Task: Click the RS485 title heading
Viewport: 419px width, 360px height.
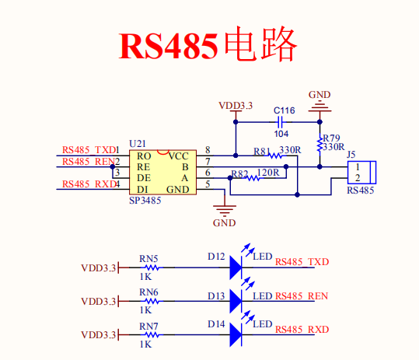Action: [x=208, y=47]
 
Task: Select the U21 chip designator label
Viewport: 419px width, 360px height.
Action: [x=137, y=144]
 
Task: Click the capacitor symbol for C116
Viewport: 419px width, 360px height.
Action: [x=283, y=121]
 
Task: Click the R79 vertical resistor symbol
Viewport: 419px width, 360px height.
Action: [x=319, y=145]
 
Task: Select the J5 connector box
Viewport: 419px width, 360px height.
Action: [x=361, y=172]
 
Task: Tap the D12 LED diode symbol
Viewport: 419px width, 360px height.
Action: [x=237, y=268]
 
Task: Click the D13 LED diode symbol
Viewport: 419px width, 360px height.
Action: [x=237, y=302]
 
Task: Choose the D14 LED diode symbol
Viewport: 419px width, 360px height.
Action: [x=237, y=334]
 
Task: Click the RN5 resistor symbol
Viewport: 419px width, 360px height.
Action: [x=148, y=268]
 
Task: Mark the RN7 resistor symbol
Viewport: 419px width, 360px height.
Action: [x=148, y=335]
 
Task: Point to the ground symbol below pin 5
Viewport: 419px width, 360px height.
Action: [x=224, y=211]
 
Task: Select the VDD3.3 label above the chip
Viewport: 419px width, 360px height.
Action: [x=235, y=105]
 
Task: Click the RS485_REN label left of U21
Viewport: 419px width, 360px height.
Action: [x=88, y=162]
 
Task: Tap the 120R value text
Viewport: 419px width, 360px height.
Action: [x=268, y=171]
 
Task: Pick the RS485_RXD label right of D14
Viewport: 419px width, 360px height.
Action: [x=302, y=330]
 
